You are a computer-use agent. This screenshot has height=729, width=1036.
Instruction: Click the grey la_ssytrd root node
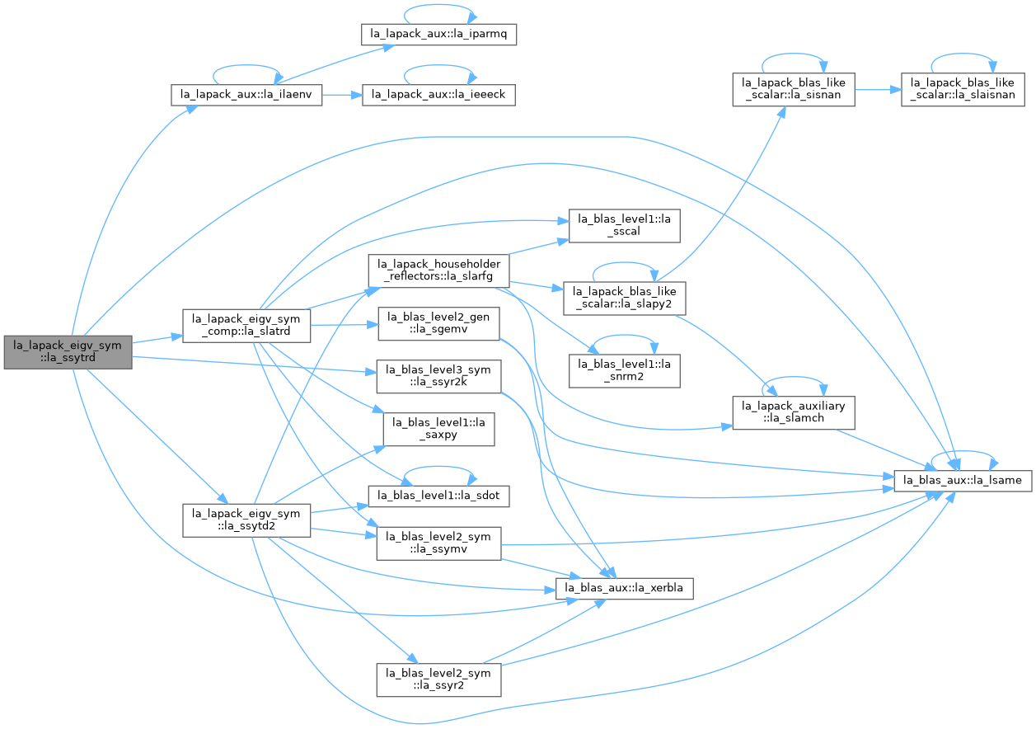[68, 353]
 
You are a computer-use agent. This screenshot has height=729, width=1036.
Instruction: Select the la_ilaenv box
[246, 95]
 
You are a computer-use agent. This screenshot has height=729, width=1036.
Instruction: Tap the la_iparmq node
[439, 35]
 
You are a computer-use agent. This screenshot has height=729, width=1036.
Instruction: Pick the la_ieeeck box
[439, 95]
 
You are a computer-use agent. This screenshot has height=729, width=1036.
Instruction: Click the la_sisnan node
[794, 89]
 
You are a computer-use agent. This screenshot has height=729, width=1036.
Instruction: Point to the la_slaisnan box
[963, 89]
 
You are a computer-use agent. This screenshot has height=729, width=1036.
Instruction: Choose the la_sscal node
[625, 226]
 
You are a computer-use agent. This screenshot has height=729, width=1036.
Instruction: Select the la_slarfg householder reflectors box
[439, 270]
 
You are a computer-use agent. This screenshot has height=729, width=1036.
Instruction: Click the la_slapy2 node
[625, 299]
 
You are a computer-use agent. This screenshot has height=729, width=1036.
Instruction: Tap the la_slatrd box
[246, 326]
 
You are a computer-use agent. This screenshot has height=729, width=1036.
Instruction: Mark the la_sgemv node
[439, 323]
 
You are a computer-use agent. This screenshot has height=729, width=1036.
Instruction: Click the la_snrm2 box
[625, 371]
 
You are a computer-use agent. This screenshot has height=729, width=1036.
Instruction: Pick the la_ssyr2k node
[439, 376]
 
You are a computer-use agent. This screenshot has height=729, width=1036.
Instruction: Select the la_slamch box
[794, 412]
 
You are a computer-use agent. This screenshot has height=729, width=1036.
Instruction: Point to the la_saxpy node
[439, 429]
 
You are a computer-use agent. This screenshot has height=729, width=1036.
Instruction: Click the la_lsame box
[963, 481]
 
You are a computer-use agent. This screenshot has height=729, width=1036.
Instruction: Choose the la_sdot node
[439, 496]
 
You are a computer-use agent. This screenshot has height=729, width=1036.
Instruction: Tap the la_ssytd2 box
[246, 520]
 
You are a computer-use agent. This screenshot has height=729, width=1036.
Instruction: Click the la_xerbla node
[625, 588]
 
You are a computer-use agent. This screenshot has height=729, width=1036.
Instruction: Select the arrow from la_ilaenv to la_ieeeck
[342, 96]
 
